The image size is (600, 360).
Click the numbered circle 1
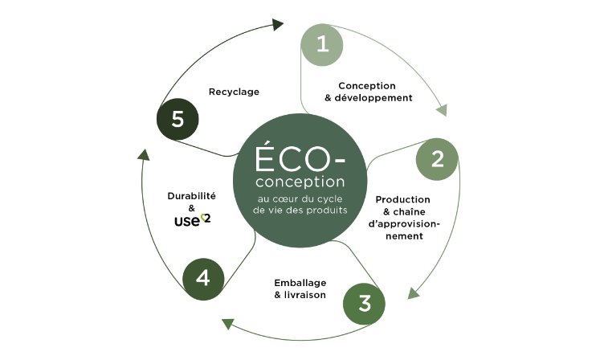coord(322,45)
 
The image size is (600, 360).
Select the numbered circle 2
coord(437,159)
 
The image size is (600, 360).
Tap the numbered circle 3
coord(365,304)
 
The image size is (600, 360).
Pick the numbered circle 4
coord(203,279)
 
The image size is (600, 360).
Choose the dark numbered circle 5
coord(178,119)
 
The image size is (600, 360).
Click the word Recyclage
coord(234,92)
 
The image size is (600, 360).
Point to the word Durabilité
coord(192,196)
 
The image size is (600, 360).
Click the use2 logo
coord(193,220)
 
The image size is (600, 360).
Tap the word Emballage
coord(300,283)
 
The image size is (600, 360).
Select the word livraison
coord(305,295)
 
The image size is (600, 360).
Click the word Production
coord(403,199)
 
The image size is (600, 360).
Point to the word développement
coord(373,98)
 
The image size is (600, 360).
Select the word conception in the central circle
coord(300,182)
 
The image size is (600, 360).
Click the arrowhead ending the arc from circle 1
coord(442,110)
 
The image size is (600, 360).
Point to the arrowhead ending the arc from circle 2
coord(414,293)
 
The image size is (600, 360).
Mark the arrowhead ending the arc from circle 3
coord(227,324)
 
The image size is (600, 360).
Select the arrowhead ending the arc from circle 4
coord(144,155)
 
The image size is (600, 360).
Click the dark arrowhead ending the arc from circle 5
coord(278,25)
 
